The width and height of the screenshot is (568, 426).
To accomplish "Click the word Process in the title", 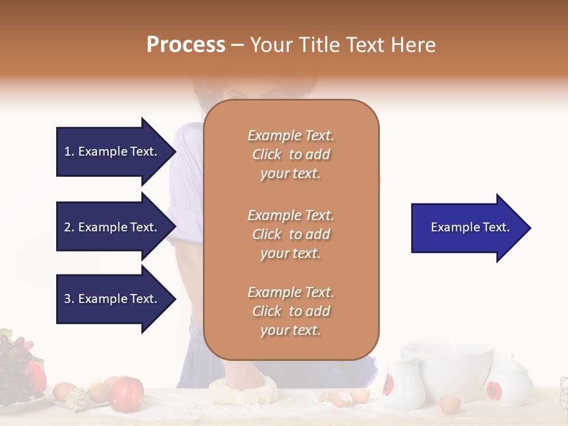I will click(x=186, y=45).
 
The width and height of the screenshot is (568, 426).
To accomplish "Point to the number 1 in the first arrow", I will click(x=68, y=151).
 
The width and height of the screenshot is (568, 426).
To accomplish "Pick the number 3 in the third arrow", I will click(x=68, y=299).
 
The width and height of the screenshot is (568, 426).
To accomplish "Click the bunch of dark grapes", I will click(x=15, y=361).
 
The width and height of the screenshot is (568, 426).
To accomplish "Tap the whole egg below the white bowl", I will click(x=450, y=404).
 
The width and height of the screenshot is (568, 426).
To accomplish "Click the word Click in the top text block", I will click(x=267, y=154).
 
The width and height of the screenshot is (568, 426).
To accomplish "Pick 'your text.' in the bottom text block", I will click(x=291, y=330).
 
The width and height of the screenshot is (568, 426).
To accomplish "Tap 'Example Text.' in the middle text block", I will click(x=291, y=215).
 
